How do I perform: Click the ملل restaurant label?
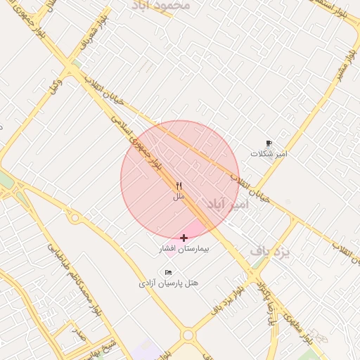[179, 198]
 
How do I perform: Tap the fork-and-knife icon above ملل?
[179, 187]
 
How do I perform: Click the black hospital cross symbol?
[184, 238]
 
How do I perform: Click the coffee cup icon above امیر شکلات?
[269, 143]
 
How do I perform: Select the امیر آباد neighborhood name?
[229, 204]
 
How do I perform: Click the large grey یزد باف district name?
[271, 252]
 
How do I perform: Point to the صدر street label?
[78, 332]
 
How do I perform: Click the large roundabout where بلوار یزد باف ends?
[188, 336]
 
